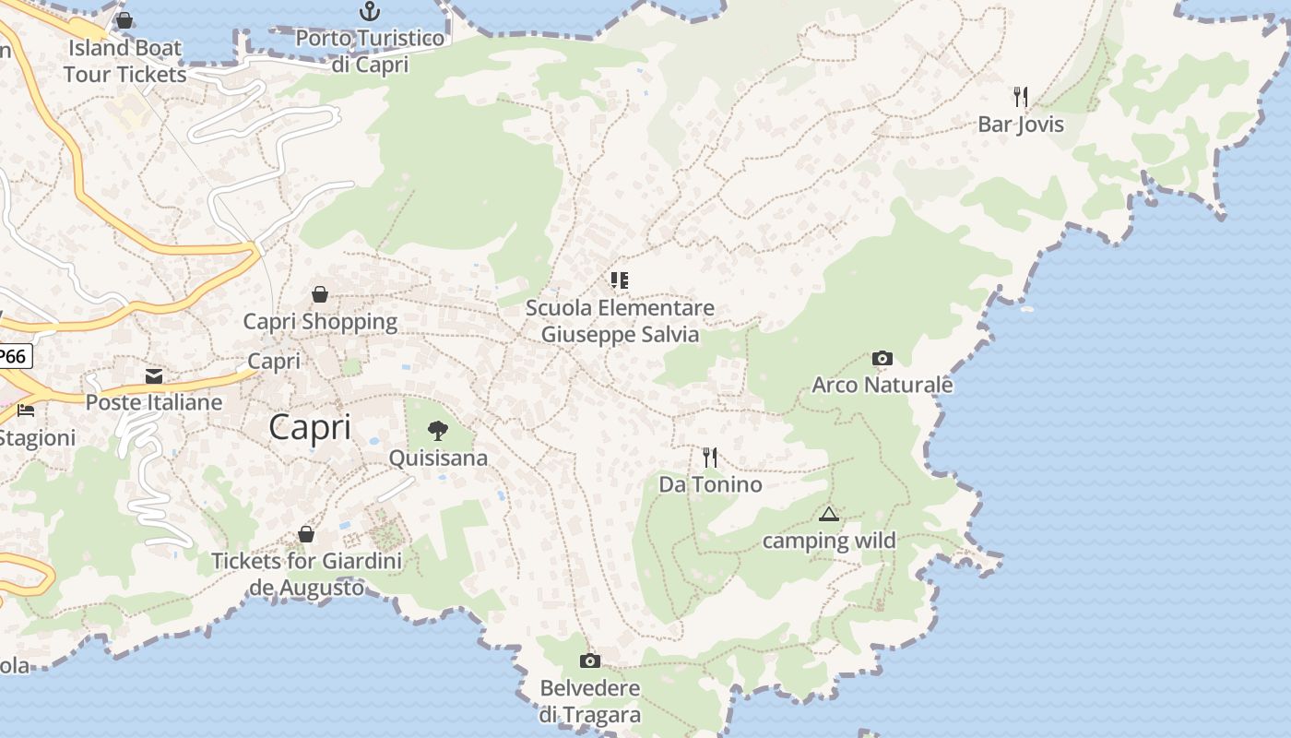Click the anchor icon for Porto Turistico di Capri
point(370,11)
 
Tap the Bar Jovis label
point(1021,125)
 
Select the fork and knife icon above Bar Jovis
point(1021,96)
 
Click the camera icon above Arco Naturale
point(882,358)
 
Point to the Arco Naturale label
point(882,385)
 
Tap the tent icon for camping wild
point(829,514)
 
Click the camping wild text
point(829,541)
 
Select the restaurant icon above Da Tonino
point(710,457)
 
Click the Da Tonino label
point(710,484)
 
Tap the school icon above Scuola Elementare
point(620,280)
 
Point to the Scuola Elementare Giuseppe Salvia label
point(620,320)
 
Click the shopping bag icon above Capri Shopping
point(320,294)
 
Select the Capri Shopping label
point(320,322)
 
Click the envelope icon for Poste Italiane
point(154,375)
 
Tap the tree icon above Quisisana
point(438,430)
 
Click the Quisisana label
point(438,458)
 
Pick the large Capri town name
point(310,428)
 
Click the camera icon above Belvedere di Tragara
point(590,661)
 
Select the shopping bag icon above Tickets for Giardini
point(306,534)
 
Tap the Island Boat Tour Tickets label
point(125,61)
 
